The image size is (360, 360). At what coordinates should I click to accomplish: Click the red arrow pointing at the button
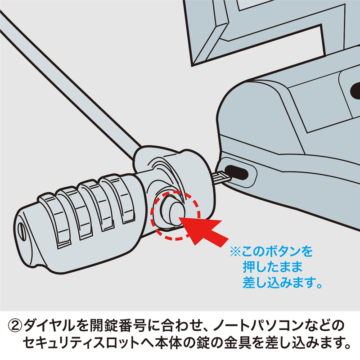[205, 229]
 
